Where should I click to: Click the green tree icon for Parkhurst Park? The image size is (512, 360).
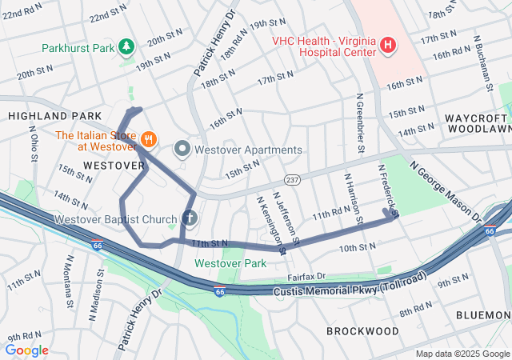click(x=126, y=48)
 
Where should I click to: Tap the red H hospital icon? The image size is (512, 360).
click(x=387, y=45)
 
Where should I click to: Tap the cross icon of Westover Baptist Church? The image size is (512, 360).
click(x=190, y=218)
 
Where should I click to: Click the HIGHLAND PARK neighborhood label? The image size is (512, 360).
click(x=44, y=116)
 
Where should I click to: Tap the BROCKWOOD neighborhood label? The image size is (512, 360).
click(x=362, y=330)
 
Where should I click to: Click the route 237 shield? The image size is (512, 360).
click(x=291, y=180)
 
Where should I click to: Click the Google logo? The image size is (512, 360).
click(x=26, y=350)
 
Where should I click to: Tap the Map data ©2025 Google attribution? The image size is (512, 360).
click(x=461, y=354)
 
